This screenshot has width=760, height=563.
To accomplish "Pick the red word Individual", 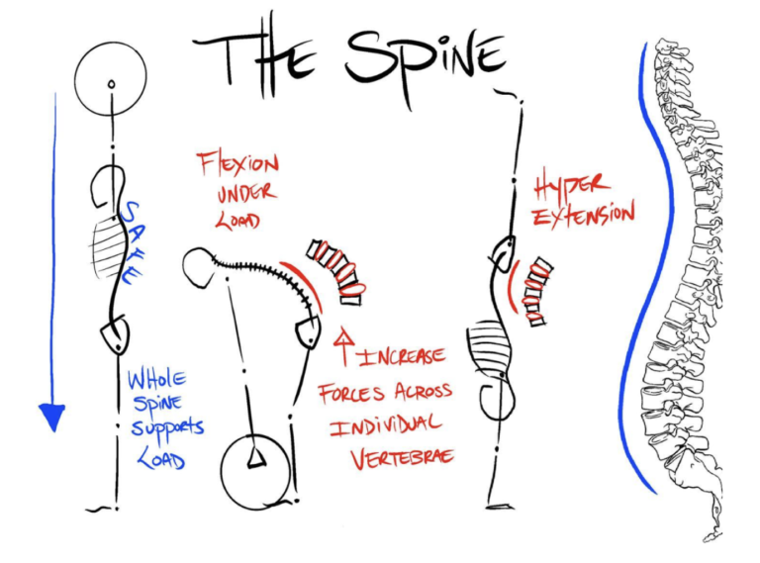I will (386, 426).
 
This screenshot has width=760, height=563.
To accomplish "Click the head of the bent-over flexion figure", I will (203, 264).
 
